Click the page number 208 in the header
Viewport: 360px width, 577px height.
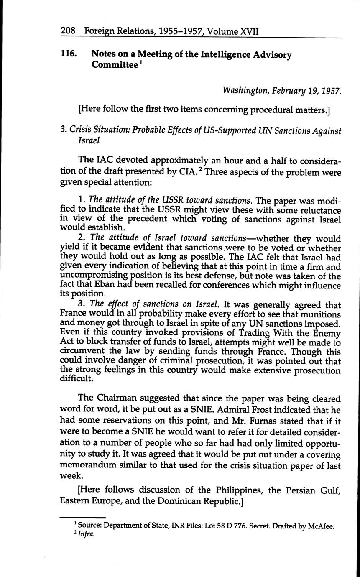(68, 31)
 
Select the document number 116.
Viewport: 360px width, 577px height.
(68, 55)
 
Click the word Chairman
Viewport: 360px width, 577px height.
(117, 399)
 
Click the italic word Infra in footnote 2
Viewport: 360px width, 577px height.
(87, 534)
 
